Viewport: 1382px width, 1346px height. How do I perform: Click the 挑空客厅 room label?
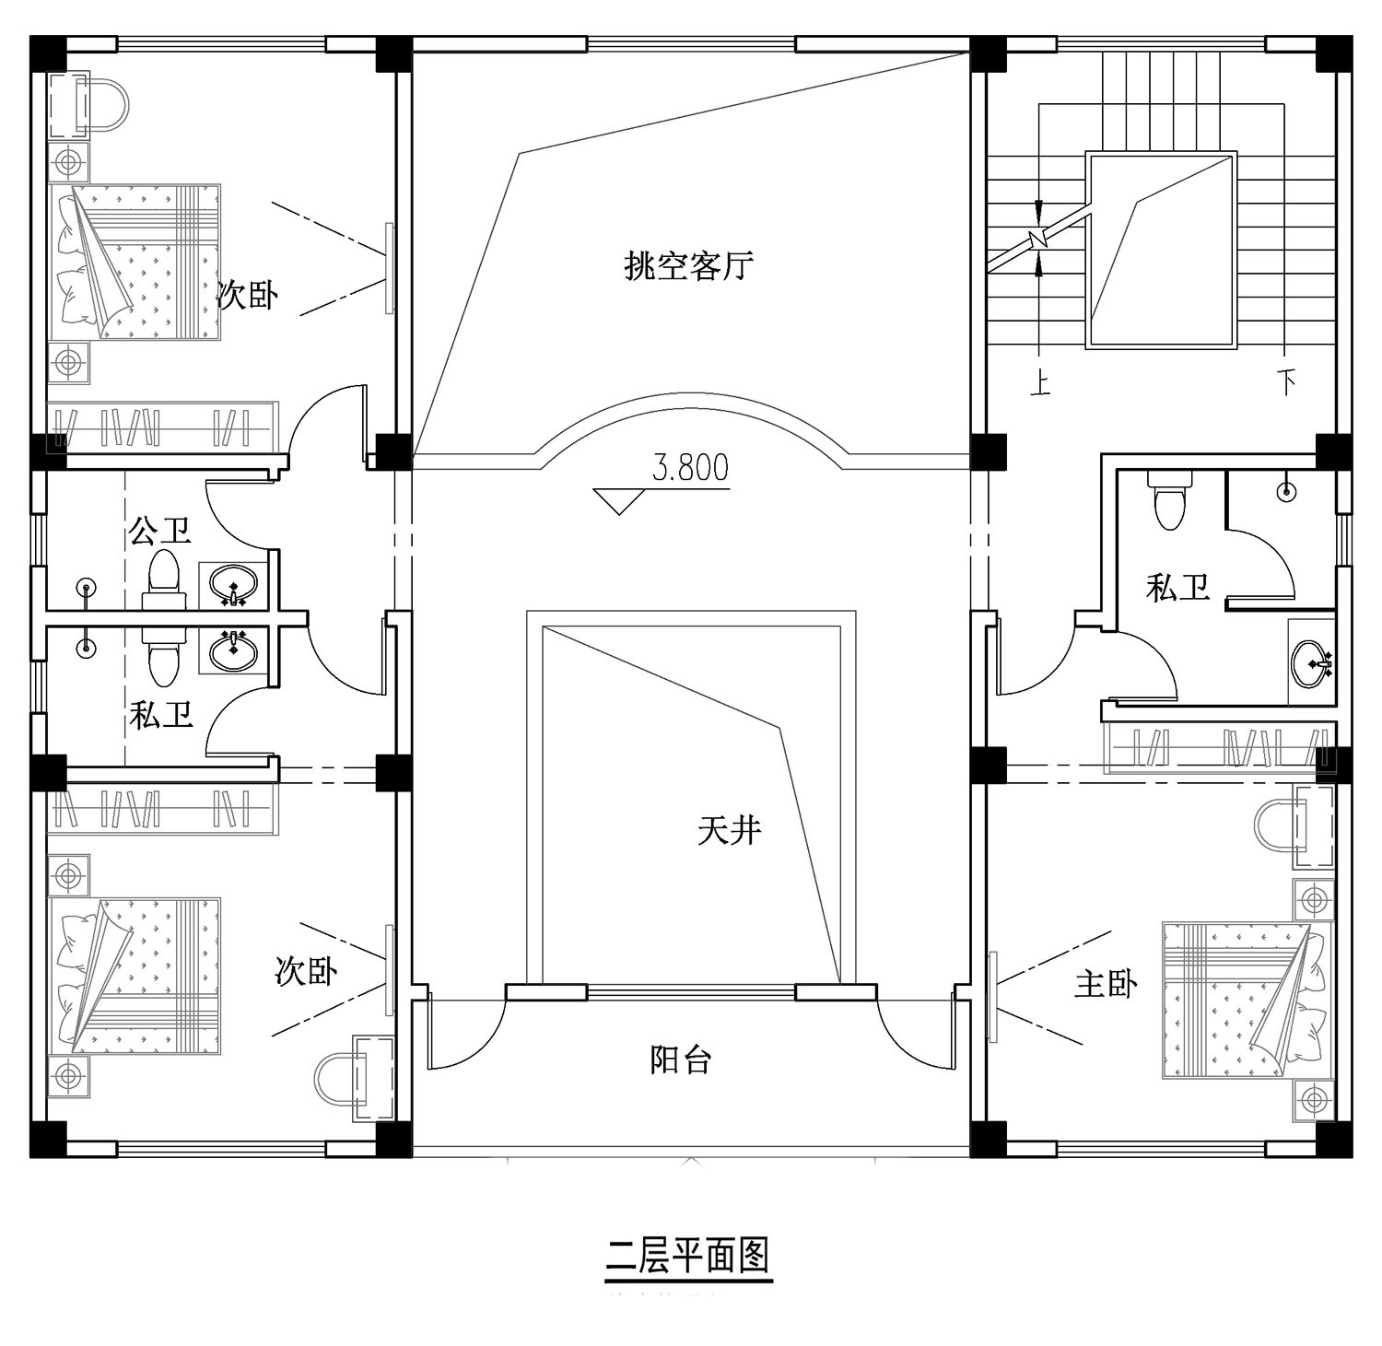[689, 266]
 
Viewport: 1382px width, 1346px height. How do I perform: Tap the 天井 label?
[730, 832]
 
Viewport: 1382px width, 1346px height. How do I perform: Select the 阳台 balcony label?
[681, 1059]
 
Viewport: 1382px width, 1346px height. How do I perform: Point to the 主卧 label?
[1106, 984]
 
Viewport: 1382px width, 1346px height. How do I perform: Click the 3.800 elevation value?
[690, 467]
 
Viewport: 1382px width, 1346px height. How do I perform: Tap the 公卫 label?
[160, 531]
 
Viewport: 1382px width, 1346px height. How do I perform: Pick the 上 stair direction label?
[1040, 382]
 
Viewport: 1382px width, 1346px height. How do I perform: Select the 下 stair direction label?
[1286, 381]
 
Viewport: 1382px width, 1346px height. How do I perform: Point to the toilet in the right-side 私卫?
[1169, 498]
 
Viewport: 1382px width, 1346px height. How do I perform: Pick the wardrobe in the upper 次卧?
[163, 427]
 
